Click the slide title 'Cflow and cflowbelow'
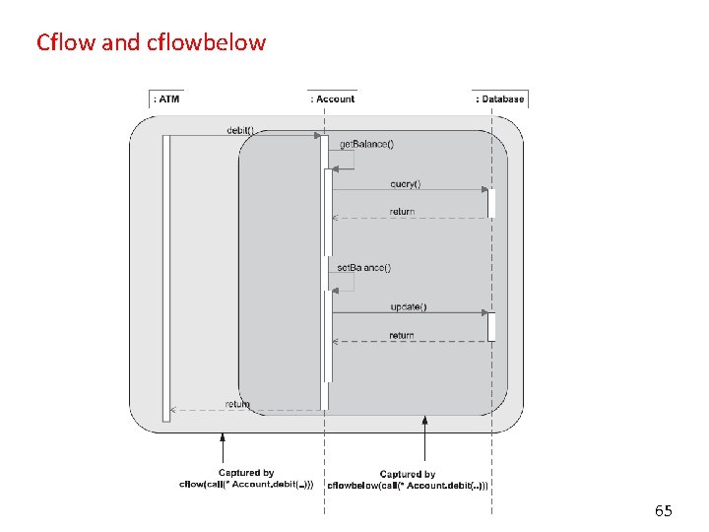point(151,42)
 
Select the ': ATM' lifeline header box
point(166,99)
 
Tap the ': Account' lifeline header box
point(333,99)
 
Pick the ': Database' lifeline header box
point(501,99)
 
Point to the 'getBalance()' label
point(366,144)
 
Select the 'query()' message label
point(405,183)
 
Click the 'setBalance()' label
point(363,268)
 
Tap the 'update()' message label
point(408,306)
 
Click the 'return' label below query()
point(402,212)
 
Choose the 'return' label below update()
point(402,335)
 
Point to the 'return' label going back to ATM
point(237,404)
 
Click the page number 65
point(664,510)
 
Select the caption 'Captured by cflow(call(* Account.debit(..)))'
point(246,479)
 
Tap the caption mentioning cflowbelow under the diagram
point(408,480)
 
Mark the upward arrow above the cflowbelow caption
point(424,438)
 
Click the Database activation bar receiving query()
point(491,202)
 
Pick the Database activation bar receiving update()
point(491,326)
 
